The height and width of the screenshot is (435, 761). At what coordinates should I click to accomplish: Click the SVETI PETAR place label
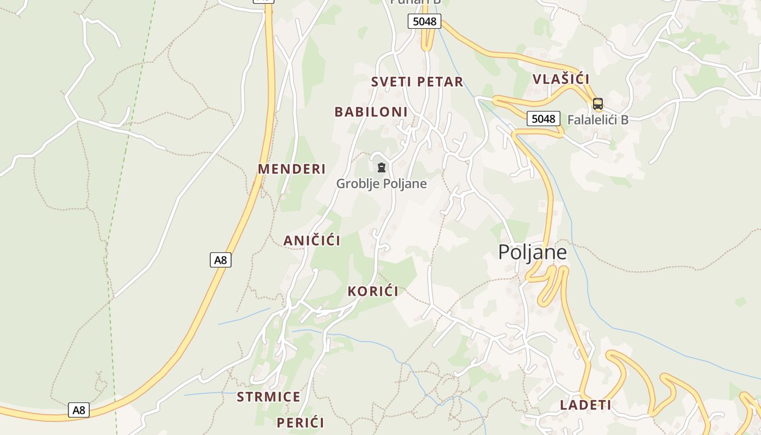pyautogui.click(x=417, y=82)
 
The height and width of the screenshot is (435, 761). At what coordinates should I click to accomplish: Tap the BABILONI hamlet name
pyautogui.click(x=371, y=112)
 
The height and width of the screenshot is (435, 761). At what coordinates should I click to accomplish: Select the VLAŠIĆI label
pyautogui.click(x=561, y=79)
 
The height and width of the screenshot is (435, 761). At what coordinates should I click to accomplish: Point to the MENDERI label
pyautogui.click(x=291, y=169)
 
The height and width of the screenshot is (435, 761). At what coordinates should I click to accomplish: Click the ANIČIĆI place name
pyautogui.click(x=311, y=240)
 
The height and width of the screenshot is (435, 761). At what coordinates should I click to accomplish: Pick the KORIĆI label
pyautogui.click(x=373, y=291)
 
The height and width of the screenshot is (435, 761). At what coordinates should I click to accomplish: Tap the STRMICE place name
pyautogui.click(x=269, y=397)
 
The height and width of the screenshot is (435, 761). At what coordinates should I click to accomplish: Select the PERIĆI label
pyautogui.click(x=300, y=422)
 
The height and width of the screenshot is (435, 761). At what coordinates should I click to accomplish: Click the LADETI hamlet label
pyautogui.click(x=585, y=405)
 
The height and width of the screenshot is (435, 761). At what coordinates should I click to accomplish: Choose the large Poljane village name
pyautogui.click(x=532, y=252)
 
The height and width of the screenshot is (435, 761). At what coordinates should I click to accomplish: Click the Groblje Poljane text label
pyautogui.click(x=381, y=184)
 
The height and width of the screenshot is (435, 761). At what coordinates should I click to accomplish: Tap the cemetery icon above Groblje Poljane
pyautogui.click(x=382, y=167)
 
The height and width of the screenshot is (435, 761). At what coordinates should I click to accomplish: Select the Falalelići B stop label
pyautogui.click(x=597, y=120)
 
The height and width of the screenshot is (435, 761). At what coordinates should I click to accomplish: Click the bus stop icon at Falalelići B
pyautogui.click(x=598, y=103)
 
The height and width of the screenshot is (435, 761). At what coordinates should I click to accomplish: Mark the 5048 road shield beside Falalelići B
pyautogui.click(x=543, y=119)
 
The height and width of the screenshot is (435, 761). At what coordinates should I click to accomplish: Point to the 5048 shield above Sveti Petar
pyautogui.click(x=424, y=22)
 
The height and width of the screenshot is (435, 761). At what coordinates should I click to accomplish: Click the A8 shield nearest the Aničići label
pyautogui.click(x=220, y=260)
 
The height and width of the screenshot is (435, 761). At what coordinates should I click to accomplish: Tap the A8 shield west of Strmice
pyautogui.click(x=79, y=410)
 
